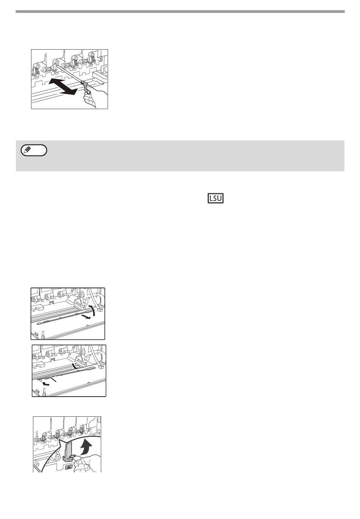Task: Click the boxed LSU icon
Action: tap(215, 199)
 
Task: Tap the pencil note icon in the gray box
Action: tap(34, 150)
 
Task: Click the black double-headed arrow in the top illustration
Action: tap(63, 86)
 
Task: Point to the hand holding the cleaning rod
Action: tap(95, 97)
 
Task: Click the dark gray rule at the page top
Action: tap(180, 11)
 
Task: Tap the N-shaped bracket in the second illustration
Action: tap(52, 302)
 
